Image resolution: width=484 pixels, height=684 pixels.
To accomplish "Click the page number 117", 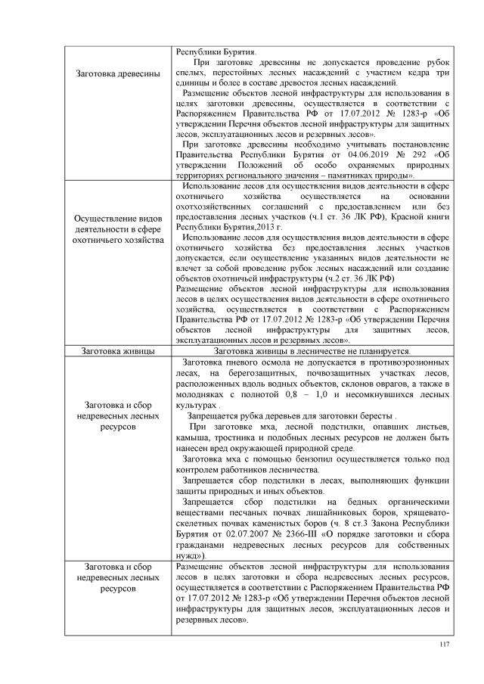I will [x=444, y=644].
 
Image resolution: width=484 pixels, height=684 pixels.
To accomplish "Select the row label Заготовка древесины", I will [x=118, y=73].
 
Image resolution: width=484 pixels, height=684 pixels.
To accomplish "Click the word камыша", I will [x=192, y=437].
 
